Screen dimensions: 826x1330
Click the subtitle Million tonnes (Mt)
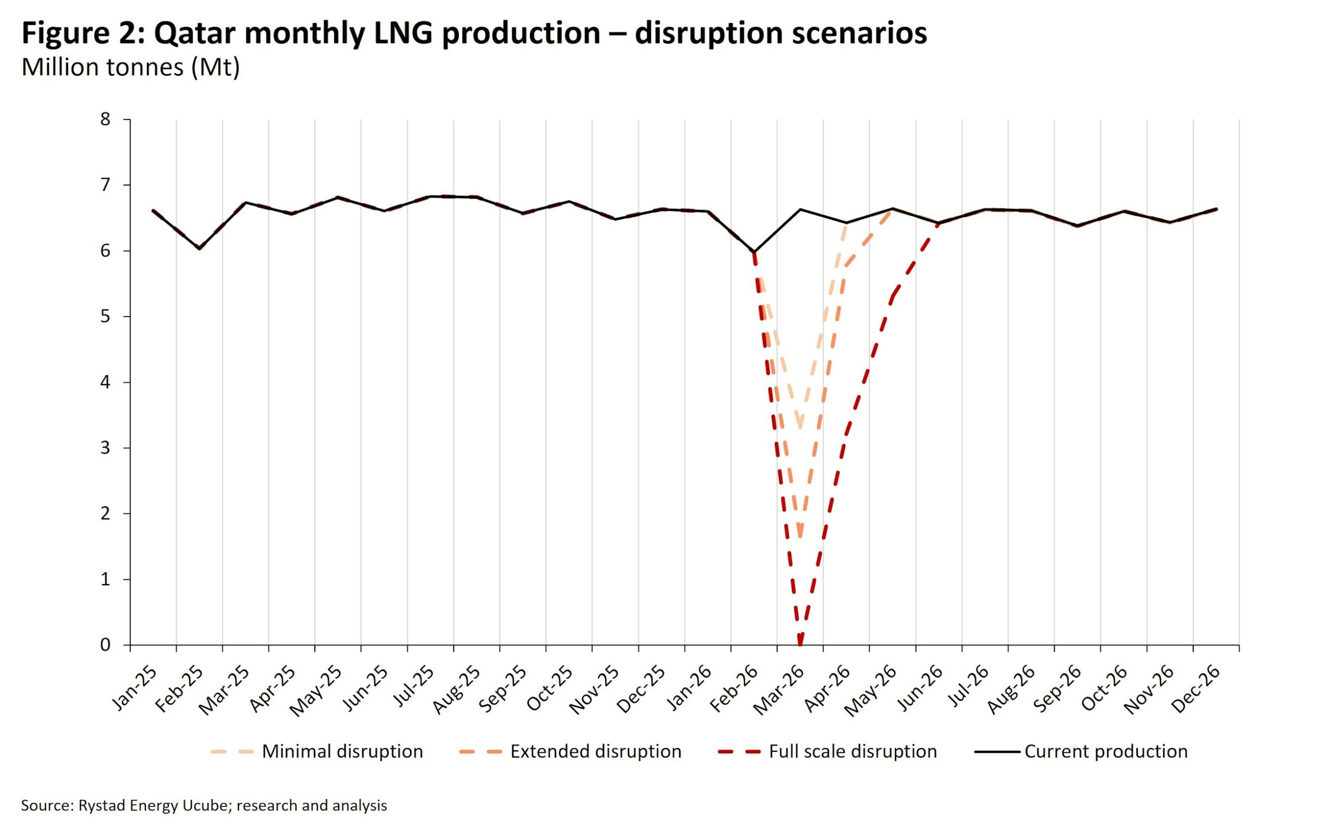[x=130, y=67]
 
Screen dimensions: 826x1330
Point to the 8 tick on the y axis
[x=105, y=119]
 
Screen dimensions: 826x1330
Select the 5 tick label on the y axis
[x=105, y=316]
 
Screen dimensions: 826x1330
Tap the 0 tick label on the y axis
[x=105, y=645]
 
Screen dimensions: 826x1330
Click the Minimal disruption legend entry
[x=342, y=752]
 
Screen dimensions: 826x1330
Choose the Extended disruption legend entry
[x=595, y=752]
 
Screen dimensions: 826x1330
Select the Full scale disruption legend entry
[x=852, y=752]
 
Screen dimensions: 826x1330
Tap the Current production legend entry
[x=1106, y=752]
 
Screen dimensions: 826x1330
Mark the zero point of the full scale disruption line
[x=800, y=644]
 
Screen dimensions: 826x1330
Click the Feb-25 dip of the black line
[x=199, y=249]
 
